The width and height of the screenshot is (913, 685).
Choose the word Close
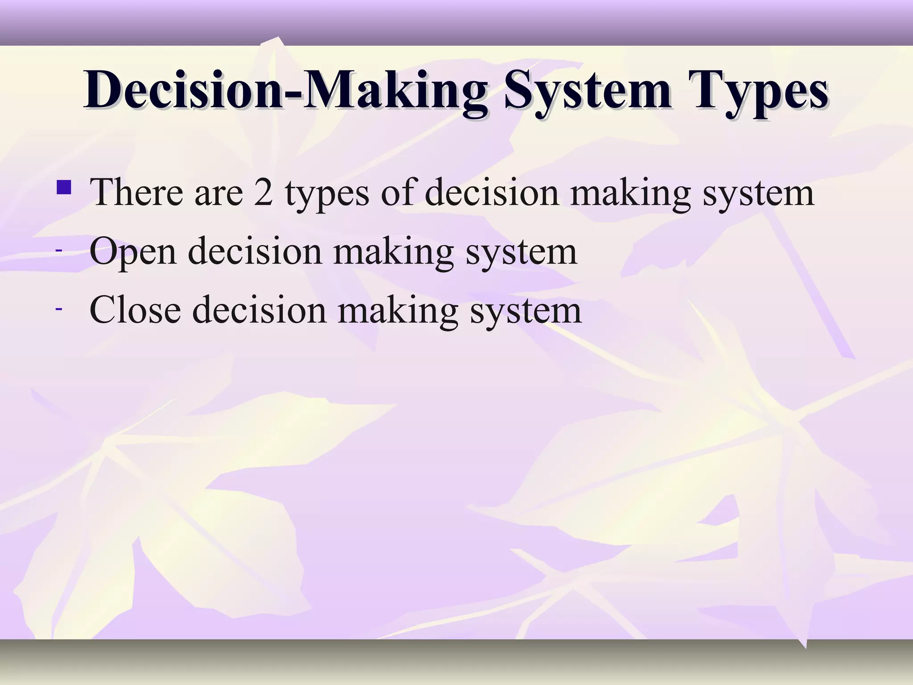135,310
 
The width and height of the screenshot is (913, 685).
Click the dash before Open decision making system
58,251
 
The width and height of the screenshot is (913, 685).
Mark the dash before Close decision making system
58,309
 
